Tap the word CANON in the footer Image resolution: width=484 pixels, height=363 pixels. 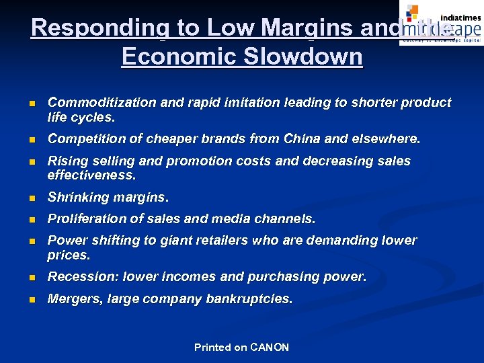tap(269, 348)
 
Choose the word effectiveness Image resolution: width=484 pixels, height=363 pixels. tap(91, 175)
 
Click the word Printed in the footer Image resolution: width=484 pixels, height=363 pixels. tap(212, 348)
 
